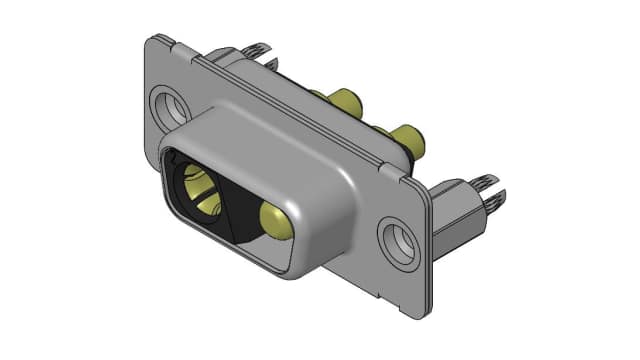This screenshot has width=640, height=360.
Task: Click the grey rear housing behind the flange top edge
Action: (240, 62)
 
